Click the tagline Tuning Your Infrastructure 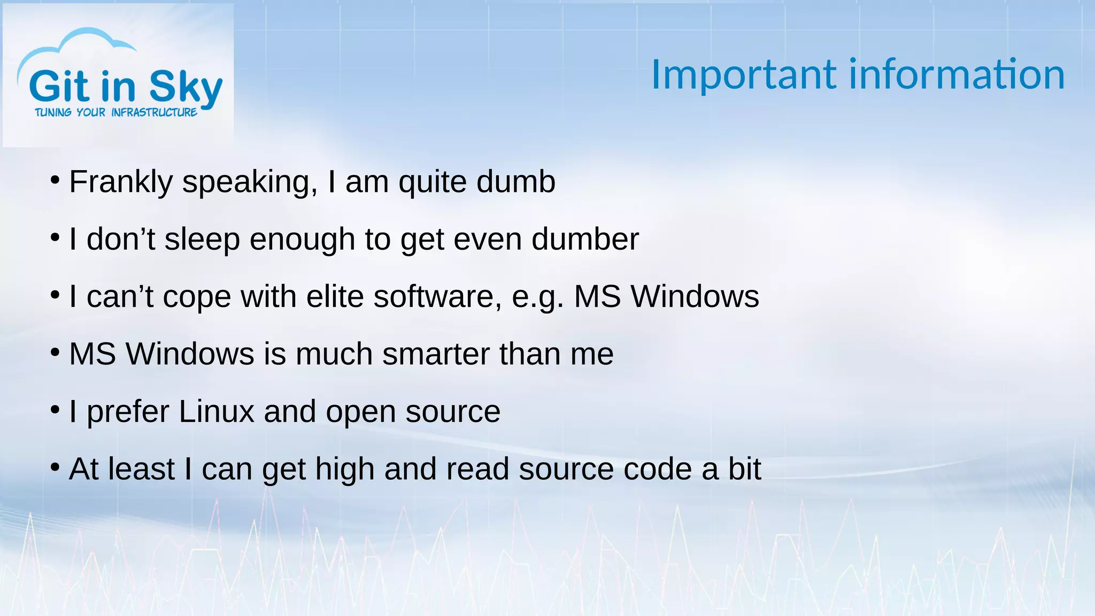[116, 112]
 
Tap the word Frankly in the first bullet [121, 182]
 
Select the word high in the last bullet [344, 469]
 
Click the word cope [196, 297]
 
